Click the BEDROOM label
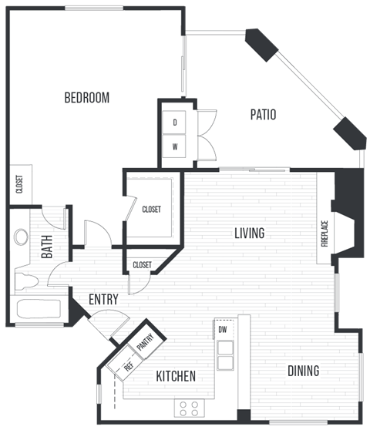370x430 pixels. pos(86,98)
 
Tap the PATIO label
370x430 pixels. pos(263,115)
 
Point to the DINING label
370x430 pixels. pos(303,371)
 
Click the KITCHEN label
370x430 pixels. pos(175,377)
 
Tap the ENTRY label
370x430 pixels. pos(103,300)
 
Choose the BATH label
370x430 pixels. pos(46,251)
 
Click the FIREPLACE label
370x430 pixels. pos(325,235)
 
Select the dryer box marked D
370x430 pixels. pos(175,123)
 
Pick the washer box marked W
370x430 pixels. pos(175,146)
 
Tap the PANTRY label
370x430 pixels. pos(146,339)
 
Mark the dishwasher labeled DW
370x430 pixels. pos(223,329)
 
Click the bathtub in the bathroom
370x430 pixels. pos(39,310)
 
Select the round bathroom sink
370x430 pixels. pos(21,237)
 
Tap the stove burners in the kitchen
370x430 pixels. pos(189,407)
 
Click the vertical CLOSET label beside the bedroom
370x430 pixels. pos(18,185)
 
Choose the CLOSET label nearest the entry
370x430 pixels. pos(143,265)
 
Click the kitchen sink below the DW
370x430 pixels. pos(225,354)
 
